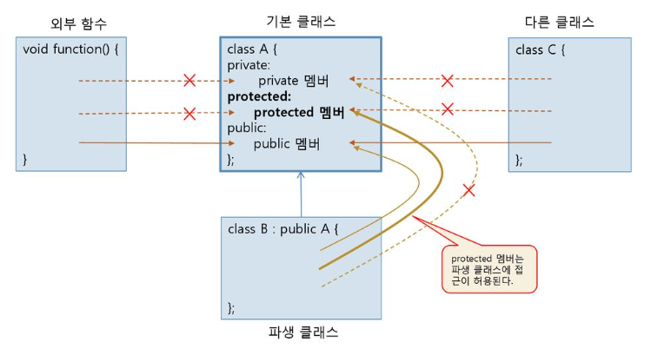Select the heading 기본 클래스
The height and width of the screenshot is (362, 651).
tap(300, 21)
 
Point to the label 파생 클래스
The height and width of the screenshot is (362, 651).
tap(302, 332)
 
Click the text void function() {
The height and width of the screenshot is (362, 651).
tap(70, 49)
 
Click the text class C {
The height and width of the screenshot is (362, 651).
tap(541, 49)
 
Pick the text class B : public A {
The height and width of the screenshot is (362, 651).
tap(282, 229)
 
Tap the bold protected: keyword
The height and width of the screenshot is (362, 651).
tap(259, 96)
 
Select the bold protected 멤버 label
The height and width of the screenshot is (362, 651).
tap(299, 112)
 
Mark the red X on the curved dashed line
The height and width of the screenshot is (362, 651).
tap(469, 189)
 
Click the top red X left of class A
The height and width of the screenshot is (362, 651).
tap(189, 81)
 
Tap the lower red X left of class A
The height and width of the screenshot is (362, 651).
tap(189, 113)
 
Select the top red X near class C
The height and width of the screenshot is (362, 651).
tap(448, 81)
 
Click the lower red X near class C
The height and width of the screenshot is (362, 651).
tap(448, 109)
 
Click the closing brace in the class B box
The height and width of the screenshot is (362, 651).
tap(231, 307)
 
